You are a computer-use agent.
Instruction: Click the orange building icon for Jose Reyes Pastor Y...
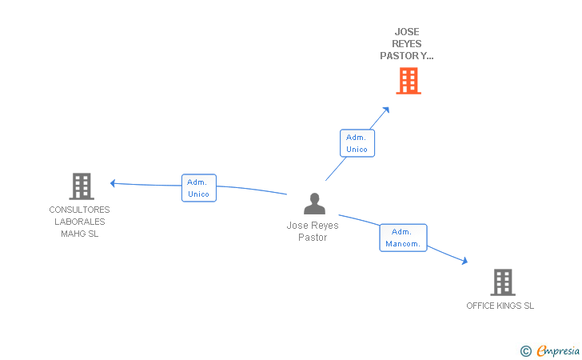(x=408, y=81)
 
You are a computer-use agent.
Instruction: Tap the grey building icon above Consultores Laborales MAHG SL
(x=81, y=186)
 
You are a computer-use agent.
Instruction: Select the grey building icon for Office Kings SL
(x=502, y=282)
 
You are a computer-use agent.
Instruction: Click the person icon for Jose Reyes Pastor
(x=314, y=204)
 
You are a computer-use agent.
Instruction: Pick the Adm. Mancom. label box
(x=403, y=238)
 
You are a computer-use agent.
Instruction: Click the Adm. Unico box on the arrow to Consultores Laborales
(x=198, y=188)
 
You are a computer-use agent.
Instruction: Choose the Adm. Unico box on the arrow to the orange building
(x=357, y=143)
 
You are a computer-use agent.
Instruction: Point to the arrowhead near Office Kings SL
(x=464, y=260)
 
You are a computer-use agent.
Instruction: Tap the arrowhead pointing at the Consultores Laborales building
(x=114, y=183)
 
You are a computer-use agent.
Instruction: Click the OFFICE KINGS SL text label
(x=500, y=306)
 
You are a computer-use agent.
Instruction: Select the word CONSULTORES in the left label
(x=79, y=210)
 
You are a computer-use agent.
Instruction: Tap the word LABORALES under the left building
(x=79, y=222)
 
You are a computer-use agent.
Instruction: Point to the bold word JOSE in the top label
(x=407, y=33)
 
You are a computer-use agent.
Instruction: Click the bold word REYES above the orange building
(x=407, y=44)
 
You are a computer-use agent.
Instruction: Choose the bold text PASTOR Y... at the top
(x=407, y=56)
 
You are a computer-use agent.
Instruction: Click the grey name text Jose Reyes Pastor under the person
(x=313, y=231)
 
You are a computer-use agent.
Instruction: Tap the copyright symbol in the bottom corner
(x=525, y=350)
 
